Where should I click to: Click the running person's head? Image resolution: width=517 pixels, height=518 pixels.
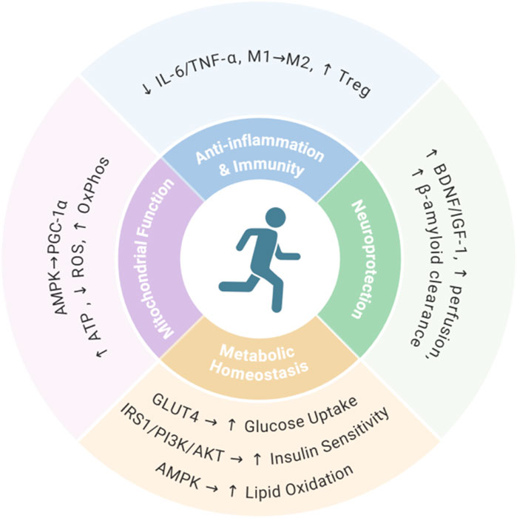point(274,218)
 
